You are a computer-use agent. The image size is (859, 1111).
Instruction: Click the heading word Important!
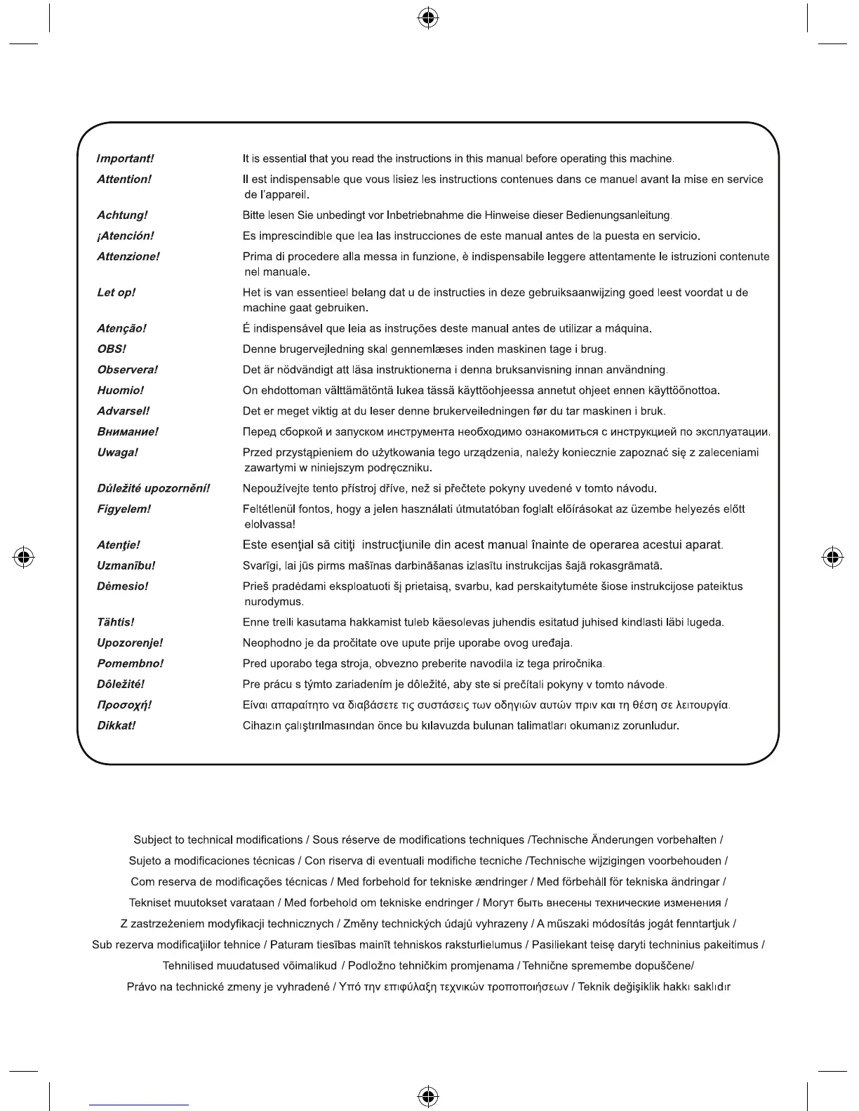(x=125, y=159)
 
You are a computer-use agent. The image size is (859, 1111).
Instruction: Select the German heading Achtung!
(x=122, y=215)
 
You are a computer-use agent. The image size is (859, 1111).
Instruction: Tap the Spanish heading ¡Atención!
(x=125, y=236)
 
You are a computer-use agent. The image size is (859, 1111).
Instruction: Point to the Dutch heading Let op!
(x=116, y=292)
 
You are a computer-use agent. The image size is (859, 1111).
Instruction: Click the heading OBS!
(x=112, y=349)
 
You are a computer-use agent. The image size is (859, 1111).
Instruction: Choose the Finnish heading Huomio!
(x=120, y=391)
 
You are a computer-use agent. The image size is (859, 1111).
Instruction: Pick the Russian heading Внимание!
(x=128, y=432)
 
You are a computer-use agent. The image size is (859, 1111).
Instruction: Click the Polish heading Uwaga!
(x=117, y=452)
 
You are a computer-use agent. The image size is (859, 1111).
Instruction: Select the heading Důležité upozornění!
(x=154, y=488)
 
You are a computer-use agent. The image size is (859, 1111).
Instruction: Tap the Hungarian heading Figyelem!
(x=124, y=509)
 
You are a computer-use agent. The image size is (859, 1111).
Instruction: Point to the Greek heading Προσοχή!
(x=124, y=705)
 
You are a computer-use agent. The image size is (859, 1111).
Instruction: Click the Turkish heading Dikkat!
(x=116, y=726)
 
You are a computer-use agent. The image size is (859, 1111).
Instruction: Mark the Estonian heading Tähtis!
(x=115, y=622)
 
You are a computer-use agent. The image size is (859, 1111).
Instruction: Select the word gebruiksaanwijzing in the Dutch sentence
(x=577, y=292)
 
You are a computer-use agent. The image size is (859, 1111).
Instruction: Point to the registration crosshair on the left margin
(x=25, y=558)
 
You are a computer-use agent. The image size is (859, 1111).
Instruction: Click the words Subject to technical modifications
(x=218, y=840)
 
